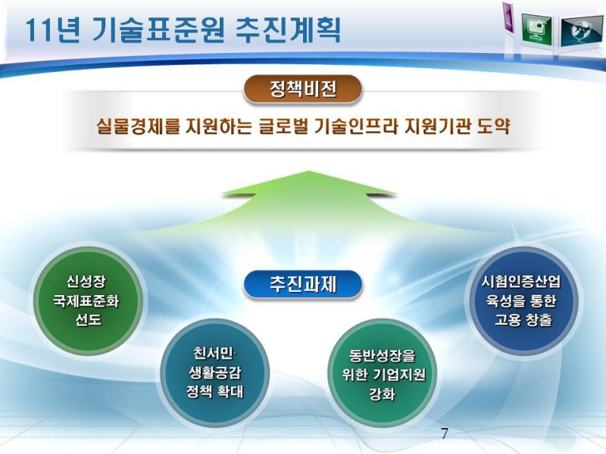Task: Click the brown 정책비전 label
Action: coord(302,89)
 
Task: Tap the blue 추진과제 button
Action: coord(302,285)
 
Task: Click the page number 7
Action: coord(445,434)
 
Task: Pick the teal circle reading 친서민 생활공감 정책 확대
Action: coord(215,372)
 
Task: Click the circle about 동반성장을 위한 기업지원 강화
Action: coord(383,374)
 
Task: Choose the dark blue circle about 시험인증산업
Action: coord(523,300)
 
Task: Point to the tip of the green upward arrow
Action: coord(309,171)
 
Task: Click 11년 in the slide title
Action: coord(52,30)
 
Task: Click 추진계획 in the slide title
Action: coord(288,30)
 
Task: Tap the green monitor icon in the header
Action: coord(536,30)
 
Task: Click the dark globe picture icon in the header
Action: coord(580,31)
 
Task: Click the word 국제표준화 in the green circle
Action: coord(86,300)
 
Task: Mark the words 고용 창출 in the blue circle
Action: coord(523,320)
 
